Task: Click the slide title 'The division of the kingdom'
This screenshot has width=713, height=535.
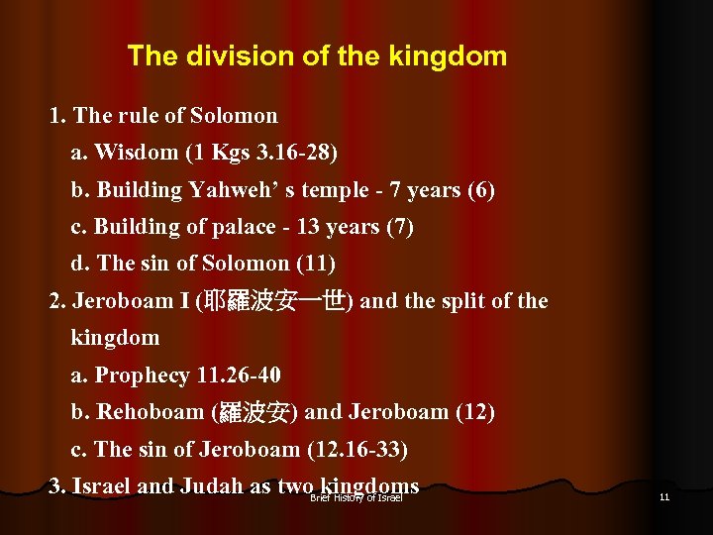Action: pyautogui.click(x=317, y=56)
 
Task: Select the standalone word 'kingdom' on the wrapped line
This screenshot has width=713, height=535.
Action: pyautogui.click(x=115, y=338)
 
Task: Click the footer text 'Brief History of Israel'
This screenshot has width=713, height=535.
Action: pyautogui.click(x=356, y=497)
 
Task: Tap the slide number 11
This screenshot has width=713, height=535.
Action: pyautogui.click(x=663, y=496)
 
